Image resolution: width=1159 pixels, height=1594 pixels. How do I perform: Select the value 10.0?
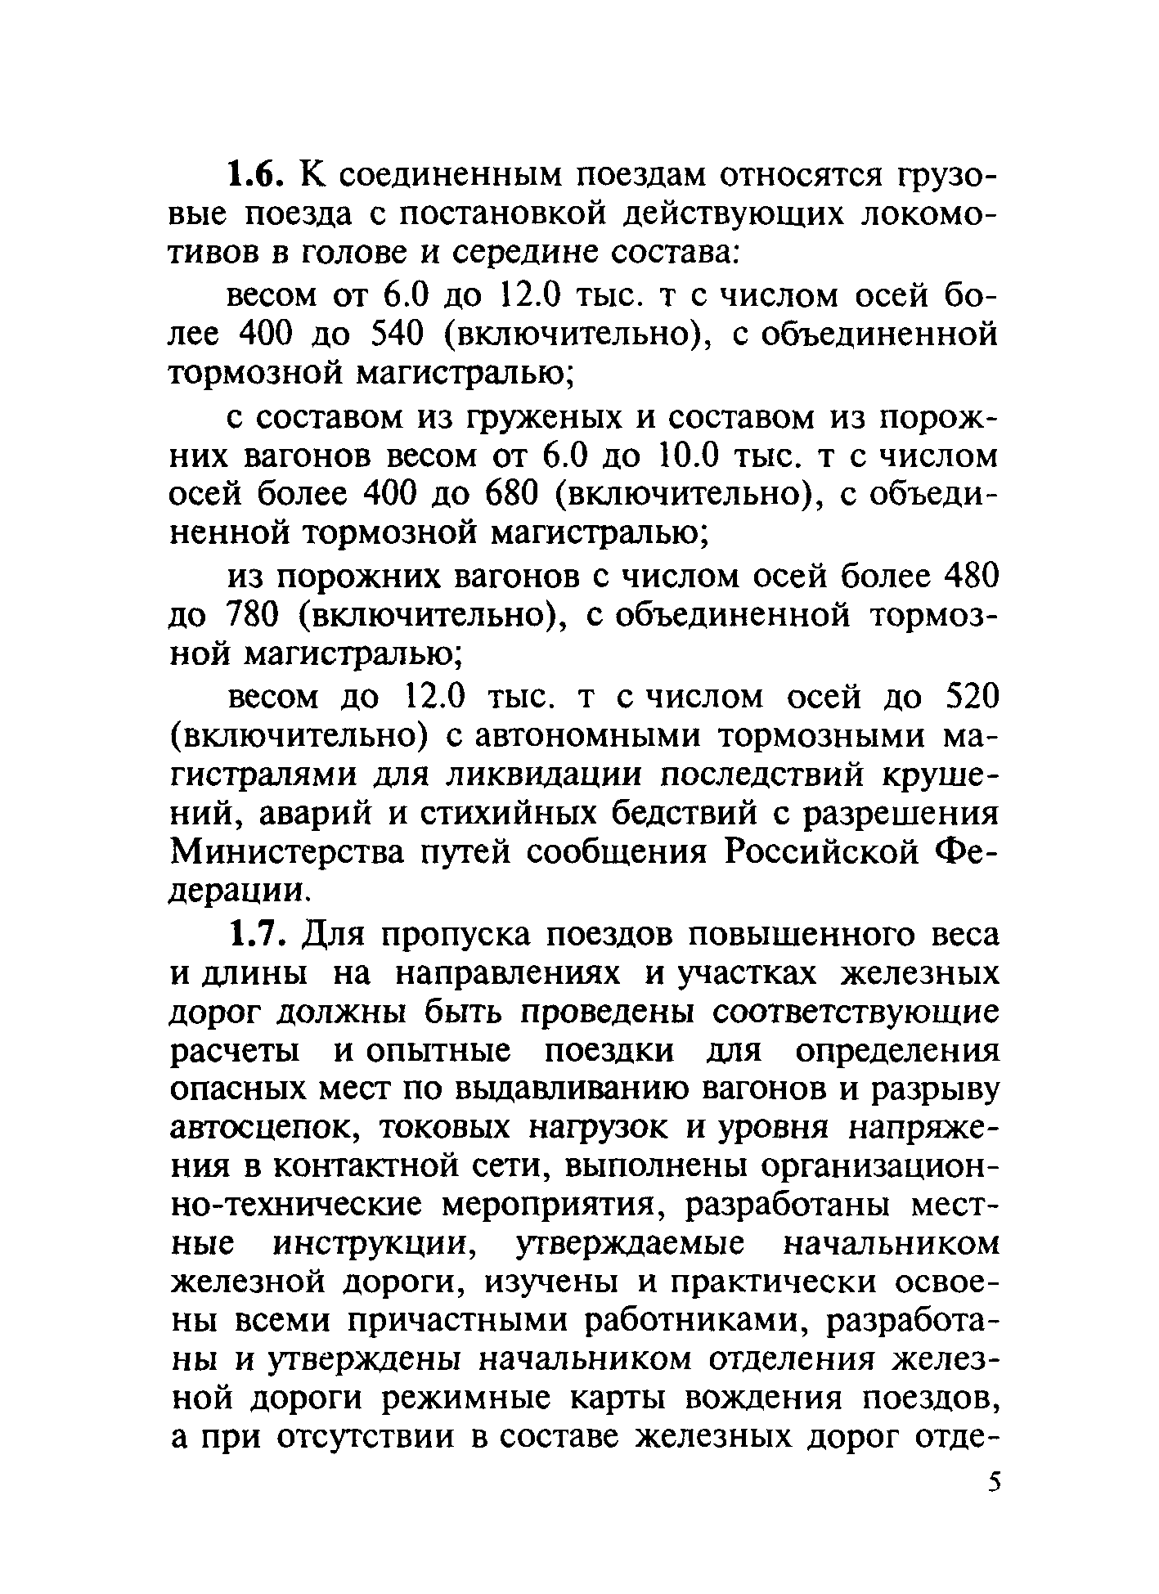click(x=688, y=455)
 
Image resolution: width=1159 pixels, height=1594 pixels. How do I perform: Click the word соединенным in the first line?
click(x=442, y=175)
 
